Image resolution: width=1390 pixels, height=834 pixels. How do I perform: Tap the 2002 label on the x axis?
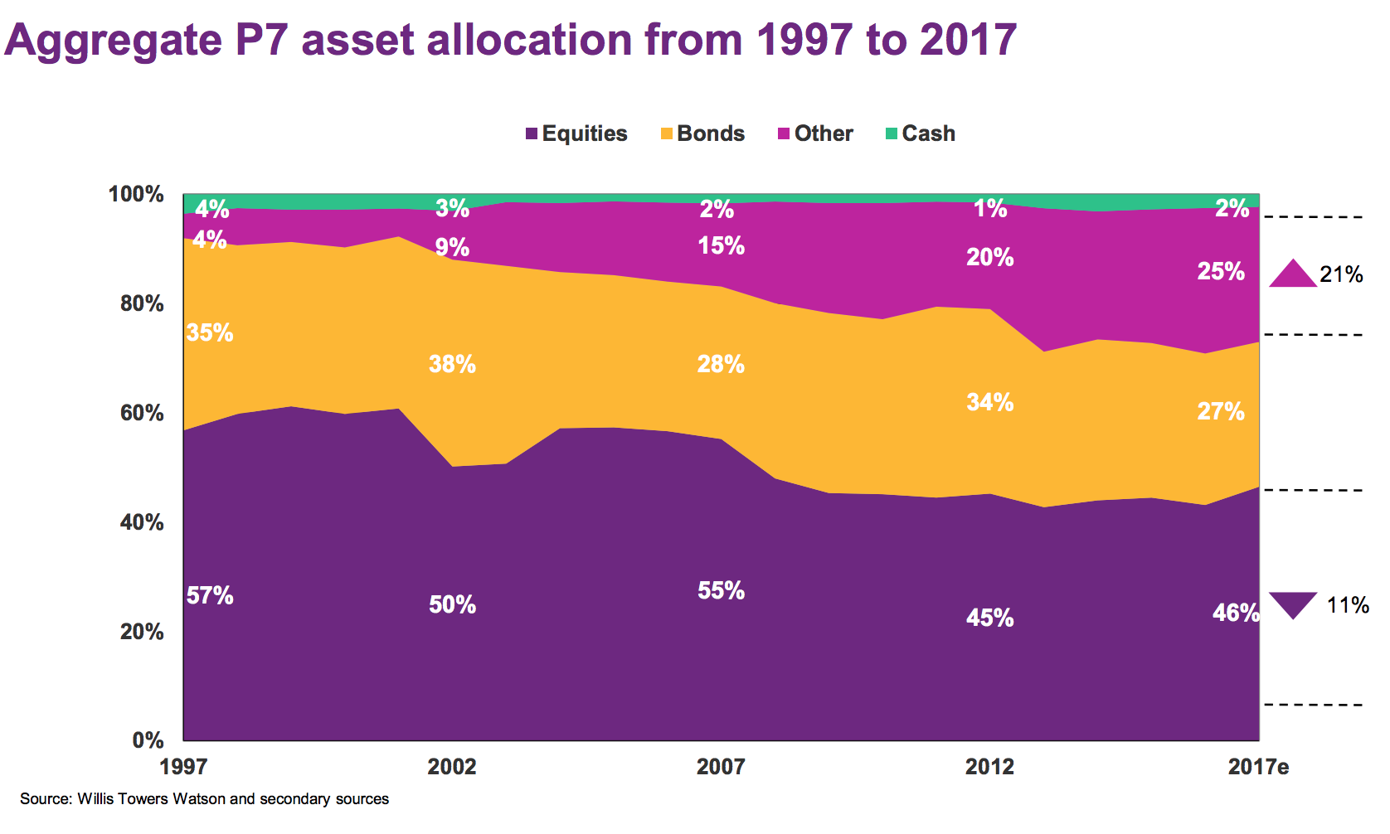click(452, 767)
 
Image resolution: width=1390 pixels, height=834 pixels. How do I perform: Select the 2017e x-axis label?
click(1258, 767)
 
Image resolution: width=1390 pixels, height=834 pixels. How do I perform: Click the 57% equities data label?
click(210, 596)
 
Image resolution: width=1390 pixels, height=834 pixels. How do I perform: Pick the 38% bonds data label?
click(452, 364)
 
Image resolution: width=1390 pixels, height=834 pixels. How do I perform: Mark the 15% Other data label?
click(722, 246)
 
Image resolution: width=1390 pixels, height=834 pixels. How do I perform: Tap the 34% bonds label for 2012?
click(990, 403)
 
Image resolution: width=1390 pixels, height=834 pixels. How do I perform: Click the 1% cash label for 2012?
click(990, 209)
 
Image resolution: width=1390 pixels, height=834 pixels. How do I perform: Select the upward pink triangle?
click(1293, 274)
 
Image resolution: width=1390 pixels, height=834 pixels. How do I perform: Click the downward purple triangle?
click(1293, 604)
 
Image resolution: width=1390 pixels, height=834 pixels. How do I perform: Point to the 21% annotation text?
click(1341, 274)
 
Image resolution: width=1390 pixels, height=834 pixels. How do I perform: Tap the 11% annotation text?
click(1348, 605)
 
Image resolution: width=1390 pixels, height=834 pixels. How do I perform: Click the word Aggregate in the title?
click(114, 40)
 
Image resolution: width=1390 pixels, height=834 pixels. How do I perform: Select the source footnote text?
click(205, 799)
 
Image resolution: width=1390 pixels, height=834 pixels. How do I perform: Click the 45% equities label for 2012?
click(990, 618)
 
